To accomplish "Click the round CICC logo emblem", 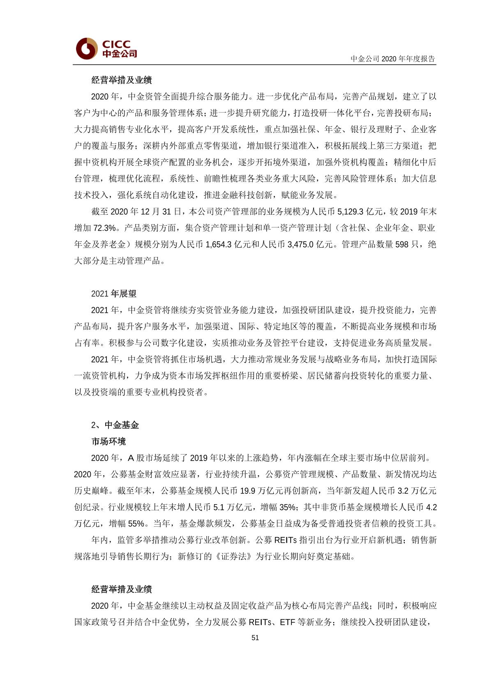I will coord(87,48).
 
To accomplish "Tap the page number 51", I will coord(255,638).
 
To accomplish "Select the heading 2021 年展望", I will coord(114,294).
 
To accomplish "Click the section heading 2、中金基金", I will coord(115,425).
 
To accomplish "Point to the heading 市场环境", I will coord(108,441).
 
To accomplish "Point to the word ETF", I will coord(288,622).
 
